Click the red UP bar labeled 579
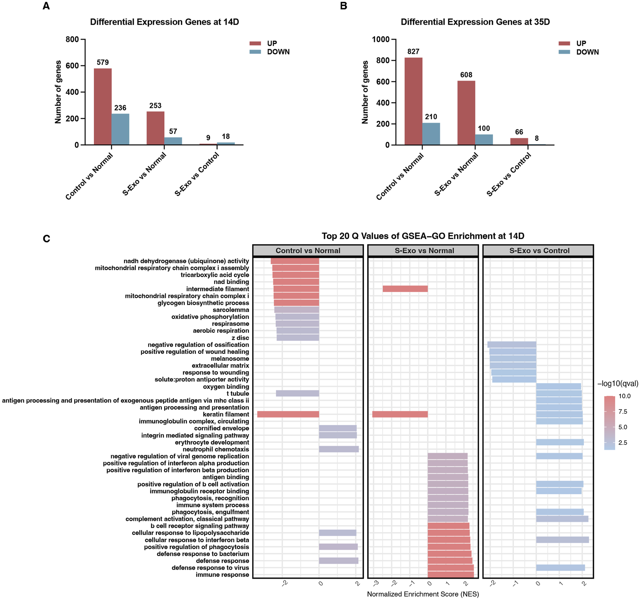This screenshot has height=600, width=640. point(103,107)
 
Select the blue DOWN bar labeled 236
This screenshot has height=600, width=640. point(120,129)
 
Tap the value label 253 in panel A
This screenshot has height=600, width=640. point(155,106)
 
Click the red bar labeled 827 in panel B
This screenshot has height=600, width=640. point(413,101)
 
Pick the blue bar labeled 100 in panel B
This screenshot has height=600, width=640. point(484,140)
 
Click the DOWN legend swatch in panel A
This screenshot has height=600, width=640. point(255,52)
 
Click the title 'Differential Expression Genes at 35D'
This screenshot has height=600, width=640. point(475,22)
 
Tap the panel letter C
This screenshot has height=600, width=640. point(46,239)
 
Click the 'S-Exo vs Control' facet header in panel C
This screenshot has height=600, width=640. point(539,250)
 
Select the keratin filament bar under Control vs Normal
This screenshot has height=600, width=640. point(288,414)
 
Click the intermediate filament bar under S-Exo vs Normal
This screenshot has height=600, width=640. point(405,289)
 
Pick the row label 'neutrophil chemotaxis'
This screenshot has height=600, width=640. point(216,449)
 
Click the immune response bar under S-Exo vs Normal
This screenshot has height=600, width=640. point(450,575)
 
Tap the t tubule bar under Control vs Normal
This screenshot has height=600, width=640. point(297,393)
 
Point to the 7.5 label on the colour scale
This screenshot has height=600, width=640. point(623,412)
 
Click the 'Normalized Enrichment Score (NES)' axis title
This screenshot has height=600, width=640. point(423,594)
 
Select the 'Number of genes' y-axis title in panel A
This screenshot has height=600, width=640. point(58,92)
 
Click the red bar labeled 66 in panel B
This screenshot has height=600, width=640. point(519,141)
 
